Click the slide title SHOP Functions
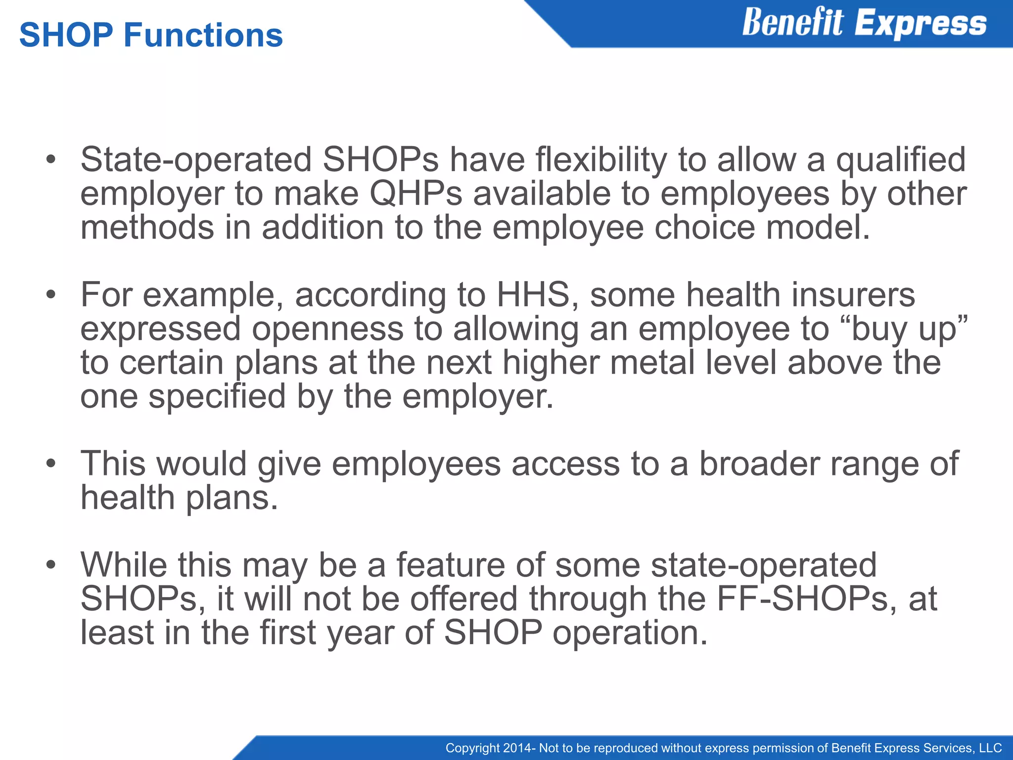click(x=151, y=35)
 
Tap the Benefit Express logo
click(x=864, y=23)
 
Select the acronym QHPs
click(x=415, y=193)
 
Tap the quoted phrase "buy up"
click(x=908, y=329)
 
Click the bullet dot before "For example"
click(x=50, y=295)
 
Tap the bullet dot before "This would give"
click(x=50, y=465)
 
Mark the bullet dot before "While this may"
click(x=50, y=566)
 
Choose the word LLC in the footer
click(x=990, y=748)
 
